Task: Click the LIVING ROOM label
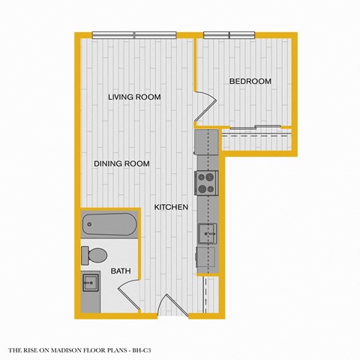(134, 97)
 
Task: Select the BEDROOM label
(250, 81)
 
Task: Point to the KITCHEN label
(171, 207)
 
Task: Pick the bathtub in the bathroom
(110, 223)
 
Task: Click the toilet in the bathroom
(94, 256)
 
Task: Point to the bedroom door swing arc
(202, 105)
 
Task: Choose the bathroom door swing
(130, 289)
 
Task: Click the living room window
(134, 34)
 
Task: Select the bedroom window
(229, 34)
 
